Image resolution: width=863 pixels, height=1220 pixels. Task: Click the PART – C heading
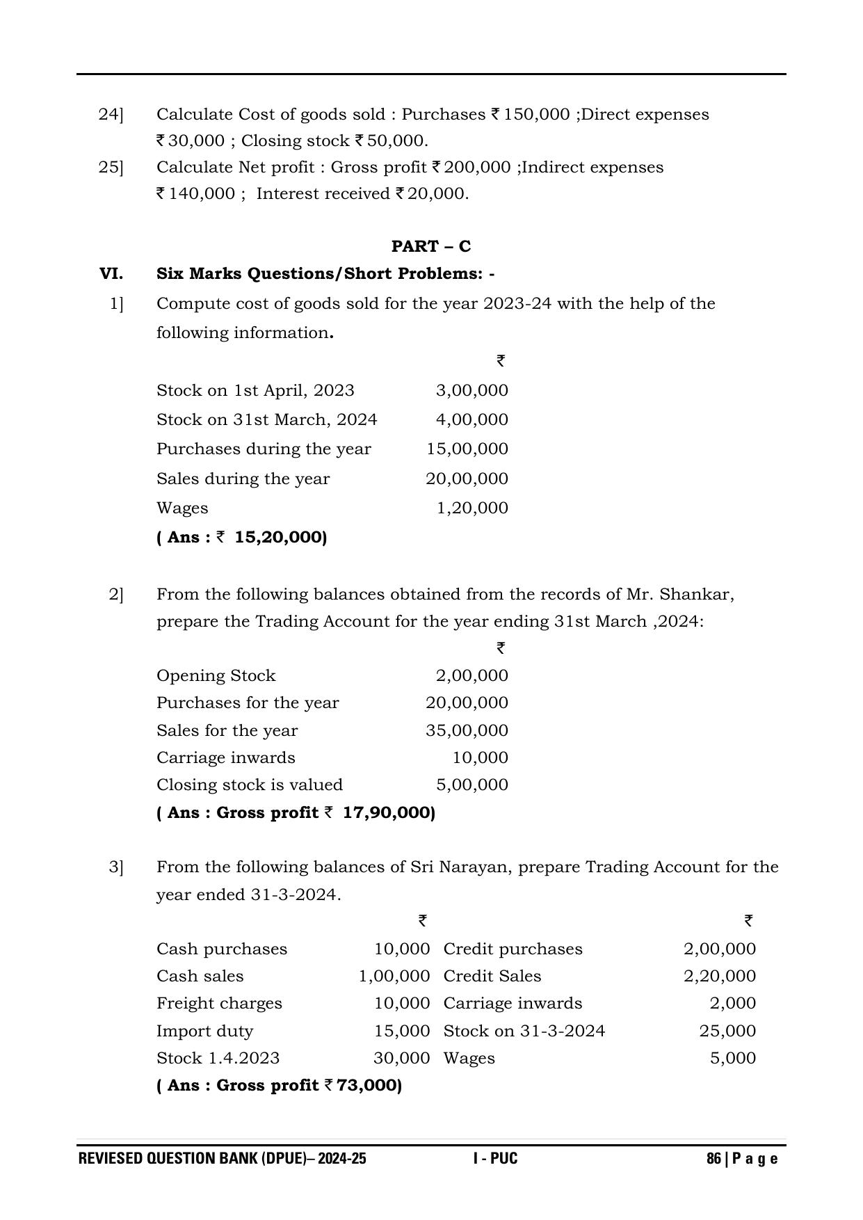pos(430,246)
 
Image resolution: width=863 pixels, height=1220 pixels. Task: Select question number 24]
pos(111,114)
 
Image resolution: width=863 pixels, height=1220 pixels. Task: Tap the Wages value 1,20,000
pos(472,508)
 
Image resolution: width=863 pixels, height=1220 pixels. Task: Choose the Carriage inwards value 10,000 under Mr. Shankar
pos(480,757)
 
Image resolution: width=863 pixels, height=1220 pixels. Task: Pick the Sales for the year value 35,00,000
pos(467,730)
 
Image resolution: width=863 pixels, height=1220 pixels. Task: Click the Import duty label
pos(204,1031)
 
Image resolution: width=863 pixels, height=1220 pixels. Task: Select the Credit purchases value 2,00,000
pos(719,949)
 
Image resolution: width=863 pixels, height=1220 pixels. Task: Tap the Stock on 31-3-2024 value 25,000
pos(727,1031)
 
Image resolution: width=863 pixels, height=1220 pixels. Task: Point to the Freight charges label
pos(219,1003)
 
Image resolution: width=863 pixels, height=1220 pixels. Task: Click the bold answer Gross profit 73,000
pos(279,1085)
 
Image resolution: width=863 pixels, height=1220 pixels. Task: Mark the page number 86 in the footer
pos(713,1159)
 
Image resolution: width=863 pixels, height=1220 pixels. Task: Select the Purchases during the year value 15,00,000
pos(467,449)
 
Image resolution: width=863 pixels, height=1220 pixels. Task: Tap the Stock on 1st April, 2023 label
pos(255,390)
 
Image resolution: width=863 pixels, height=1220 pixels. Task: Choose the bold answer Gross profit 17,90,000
pos(296,812)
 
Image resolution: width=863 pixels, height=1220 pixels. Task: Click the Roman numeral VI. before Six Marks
pos(111,273)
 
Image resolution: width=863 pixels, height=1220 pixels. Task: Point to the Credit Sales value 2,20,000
pos(719,976)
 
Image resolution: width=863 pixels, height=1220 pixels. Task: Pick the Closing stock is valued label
pos(250,785)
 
